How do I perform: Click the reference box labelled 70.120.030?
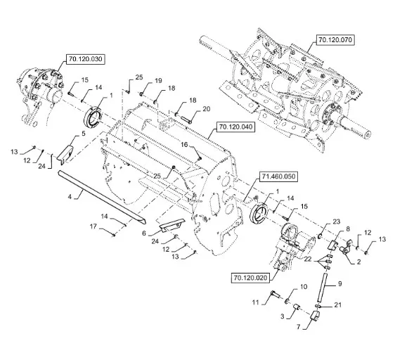(86, 59)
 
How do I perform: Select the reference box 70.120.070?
(335, 40)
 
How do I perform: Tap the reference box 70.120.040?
(235, 127)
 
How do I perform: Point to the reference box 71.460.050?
(278, 176)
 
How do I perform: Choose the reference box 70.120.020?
(250, 278)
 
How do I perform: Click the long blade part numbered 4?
(101, 196)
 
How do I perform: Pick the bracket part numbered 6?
(172, 224)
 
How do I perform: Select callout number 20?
(207, 109)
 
